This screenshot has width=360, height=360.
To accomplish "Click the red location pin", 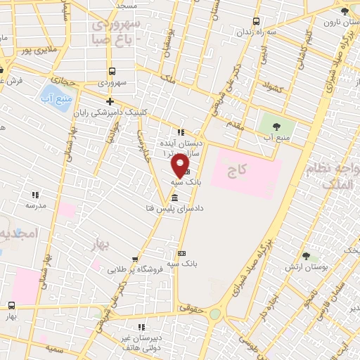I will (181, 166).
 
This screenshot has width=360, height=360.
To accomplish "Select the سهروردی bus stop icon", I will (112, 70).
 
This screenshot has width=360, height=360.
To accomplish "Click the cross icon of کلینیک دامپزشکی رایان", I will (110, 101).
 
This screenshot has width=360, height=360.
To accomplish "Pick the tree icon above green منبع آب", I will (274, 127).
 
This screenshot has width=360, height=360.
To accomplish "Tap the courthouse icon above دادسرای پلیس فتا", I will (174, 198).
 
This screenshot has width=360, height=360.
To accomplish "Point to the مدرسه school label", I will (35, 206).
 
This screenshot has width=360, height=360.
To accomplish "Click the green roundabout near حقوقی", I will (216, 314).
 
